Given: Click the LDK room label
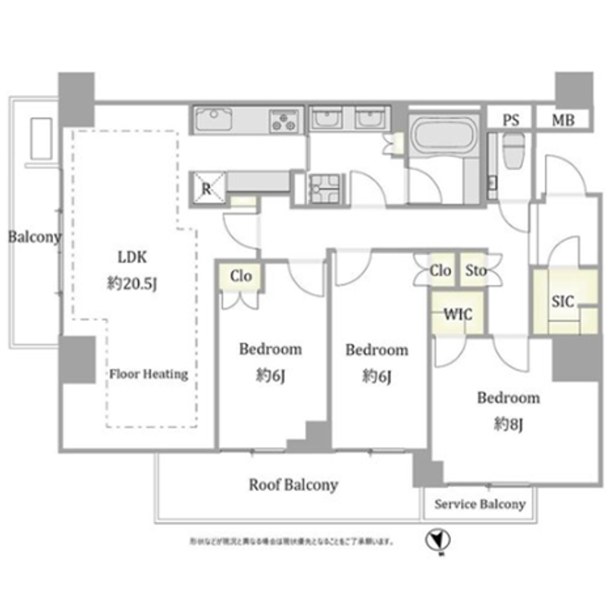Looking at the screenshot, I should [x=132, y=257].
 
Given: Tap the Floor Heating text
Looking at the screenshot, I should [x=149, y=374].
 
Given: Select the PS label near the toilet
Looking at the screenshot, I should [x=510, y=120].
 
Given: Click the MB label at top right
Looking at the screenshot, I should [x=562, y=120].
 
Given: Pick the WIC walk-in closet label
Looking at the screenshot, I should [x=458, y=315].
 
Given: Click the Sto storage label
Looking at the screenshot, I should [x=476, y=270].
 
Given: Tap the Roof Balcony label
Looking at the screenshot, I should [x=293, y=485].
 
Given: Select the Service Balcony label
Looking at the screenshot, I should [x=479, y=504].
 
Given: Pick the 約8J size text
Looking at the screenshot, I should [x=508, y=423].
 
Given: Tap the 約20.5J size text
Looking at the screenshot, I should [x=133, y=282].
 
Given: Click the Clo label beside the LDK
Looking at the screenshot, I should [x=241, y=276].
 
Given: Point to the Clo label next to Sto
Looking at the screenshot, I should [x=441, y=270].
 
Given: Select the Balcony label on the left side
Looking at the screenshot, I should [x=34, y=237].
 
